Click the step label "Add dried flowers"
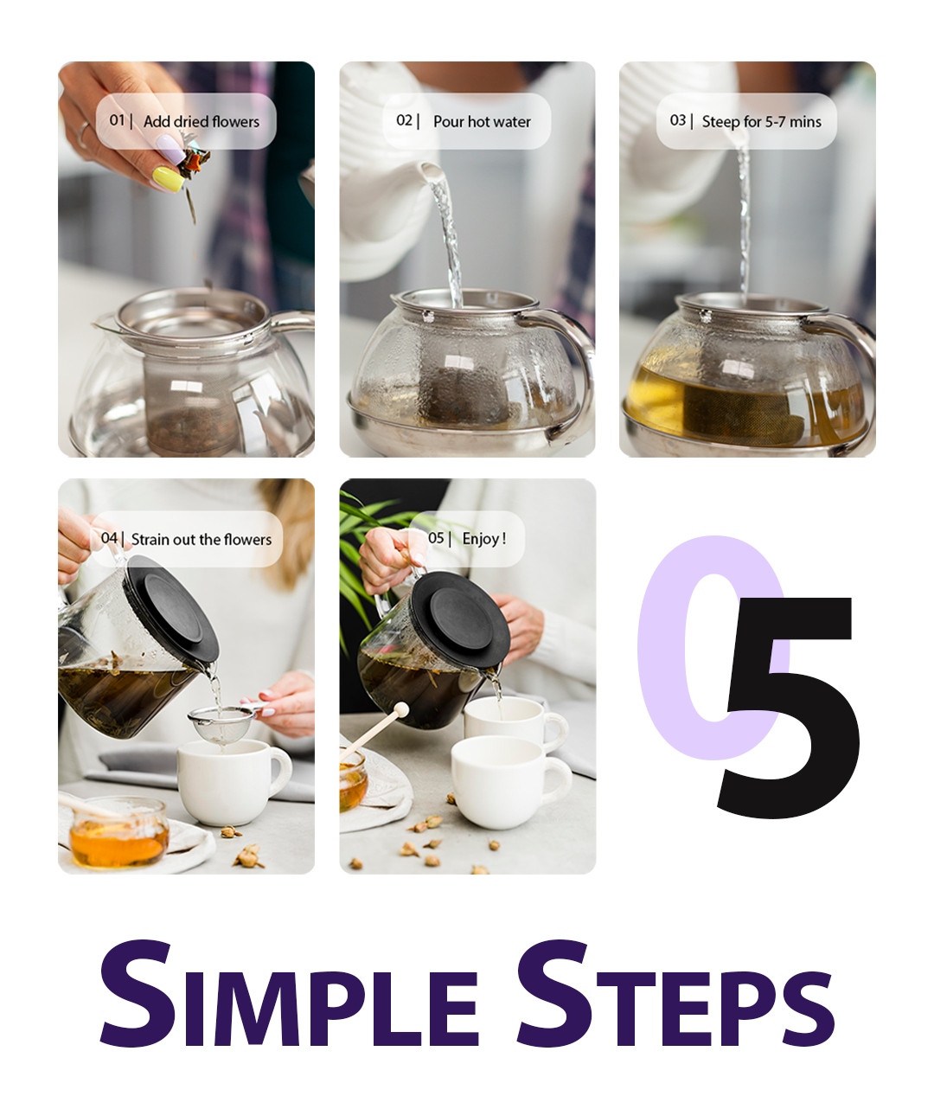(202, 122)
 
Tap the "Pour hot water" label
(482, 122)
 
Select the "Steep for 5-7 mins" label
(761, 122)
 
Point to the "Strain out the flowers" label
(202, 539)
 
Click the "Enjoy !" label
(483, 539)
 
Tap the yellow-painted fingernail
(169, 179)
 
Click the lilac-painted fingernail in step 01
(171, 150)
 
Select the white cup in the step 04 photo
(233, 781)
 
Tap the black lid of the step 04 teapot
(171, 608)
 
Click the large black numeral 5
(789, 707)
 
